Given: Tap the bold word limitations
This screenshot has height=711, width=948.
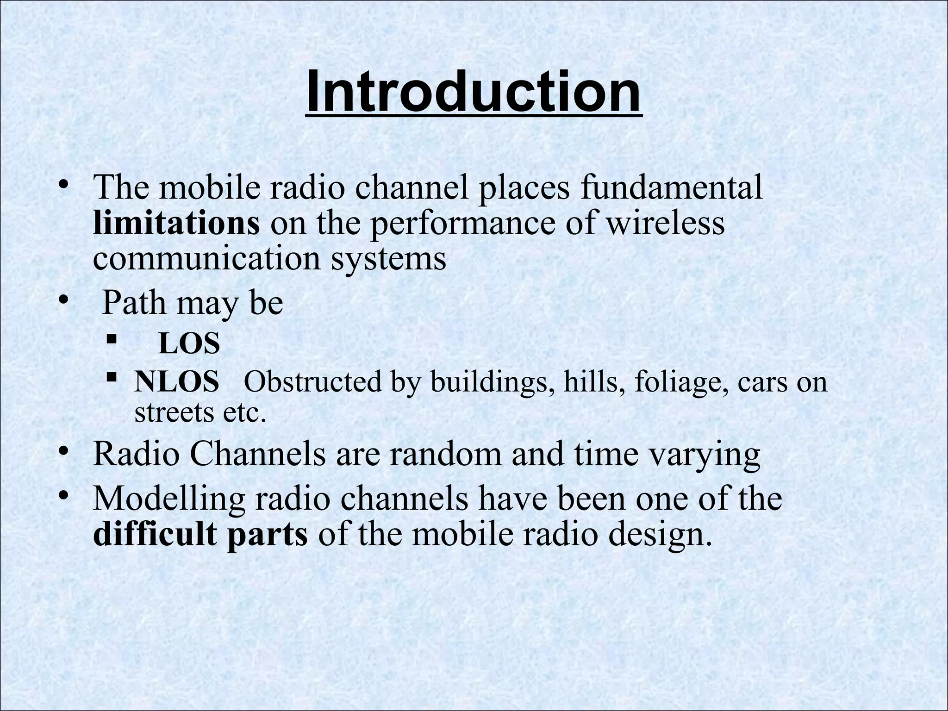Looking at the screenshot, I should tap(176, 224).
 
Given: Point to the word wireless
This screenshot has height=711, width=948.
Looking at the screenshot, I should tap(665, 224).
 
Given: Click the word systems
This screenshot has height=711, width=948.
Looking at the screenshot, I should tap(388, 258).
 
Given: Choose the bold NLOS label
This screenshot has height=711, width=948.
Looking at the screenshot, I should tap(176, 382).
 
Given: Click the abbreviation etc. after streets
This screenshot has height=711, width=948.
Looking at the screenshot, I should tap(245, 412).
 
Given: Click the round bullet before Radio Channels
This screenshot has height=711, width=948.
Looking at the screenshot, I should tap(64, 450).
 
